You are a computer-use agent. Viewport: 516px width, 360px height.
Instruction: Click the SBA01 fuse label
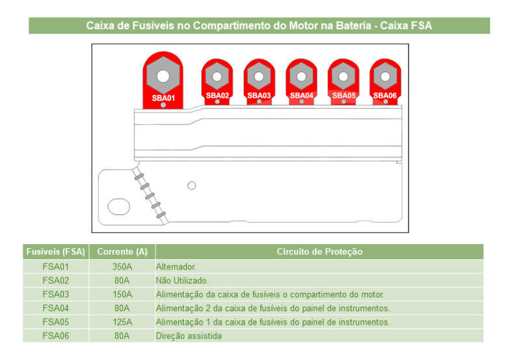pyautogui.click(x=163, y=98)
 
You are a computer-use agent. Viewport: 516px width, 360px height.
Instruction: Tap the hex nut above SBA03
pyautogui.click(x=259, y=76)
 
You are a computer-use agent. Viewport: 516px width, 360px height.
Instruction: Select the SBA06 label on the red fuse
pyautogui.click(x=385, y=96)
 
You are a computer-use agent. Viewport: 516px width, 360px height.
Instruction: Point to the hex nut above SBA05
pyautogui.click(x=343, y=76)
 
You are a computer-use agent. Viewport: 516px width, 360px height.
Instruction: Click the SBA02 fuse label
pyautogui.click(x=217, y=96)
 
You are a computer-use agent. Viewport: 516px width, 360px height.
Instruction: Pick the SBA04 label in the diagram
pyautogui.click(x=301, y=96)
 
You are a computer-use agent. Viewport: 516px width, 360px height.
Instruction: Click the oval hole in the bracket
pyautogui.click(x=119, y=206)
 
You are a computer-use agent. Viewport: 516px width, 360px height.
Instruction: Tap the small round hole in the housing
pyautogui.click(x=192, y=186)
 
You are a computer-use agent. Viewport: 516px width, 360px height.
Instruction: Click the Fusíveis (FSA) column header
pyautogui.click(x=55, y=252)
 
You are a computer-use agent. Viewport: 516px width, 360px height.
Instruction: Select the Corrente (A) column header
pyautogui.click(x=122, y=252)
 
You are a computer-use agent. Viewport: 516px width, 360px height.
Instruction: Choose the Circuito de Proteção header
pyautogui.click(x=319, y=252)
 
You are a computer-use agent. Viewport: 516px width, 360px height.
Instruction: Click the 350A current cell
pyautogui.click(x=122, y=266)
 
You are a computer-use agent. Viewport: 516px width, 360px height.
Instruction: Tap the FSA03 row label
pyautogui.click(x=55, y=294)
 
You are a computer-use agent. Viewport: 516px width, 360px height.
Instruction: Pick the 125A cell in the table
pyautogui.click(x=122, y=322)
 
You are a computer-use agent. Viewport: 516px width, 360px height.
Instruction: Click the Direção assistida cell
pyautogui.click(x=189, y=336)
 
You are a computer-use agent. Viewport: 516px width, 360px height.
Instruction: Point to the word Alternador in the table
pyautogui.click(x=176, y=266)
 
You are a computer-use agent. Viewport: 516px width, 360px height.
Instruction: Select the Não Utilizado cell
pyautogui.click(x=182, y=281)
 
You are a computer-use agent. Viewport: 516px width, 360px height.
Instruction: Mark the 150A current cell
pyautogui.click(x=122, y=294)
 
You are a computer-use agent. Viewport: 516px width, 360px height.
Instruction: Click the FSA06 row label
pyautogui.click(x=55, y=336)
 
